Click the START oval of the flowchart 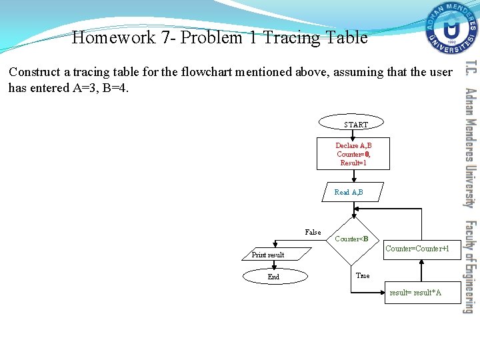coord(355,124)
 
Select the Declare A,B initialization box coord(353,154)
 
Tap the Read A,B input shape coord(349,192)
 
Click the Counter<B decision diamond coord(351,239)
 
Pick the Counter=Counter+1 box coord(422,249)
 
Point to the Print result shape coord(269,255)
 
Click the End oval coord(273,277)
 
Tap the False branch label coord(313,232)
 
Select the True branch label coord(363,275)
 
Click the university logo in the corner coord(452,29)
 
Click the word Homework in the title coord(114,38)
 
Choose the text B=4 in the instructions coord(114,88)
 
